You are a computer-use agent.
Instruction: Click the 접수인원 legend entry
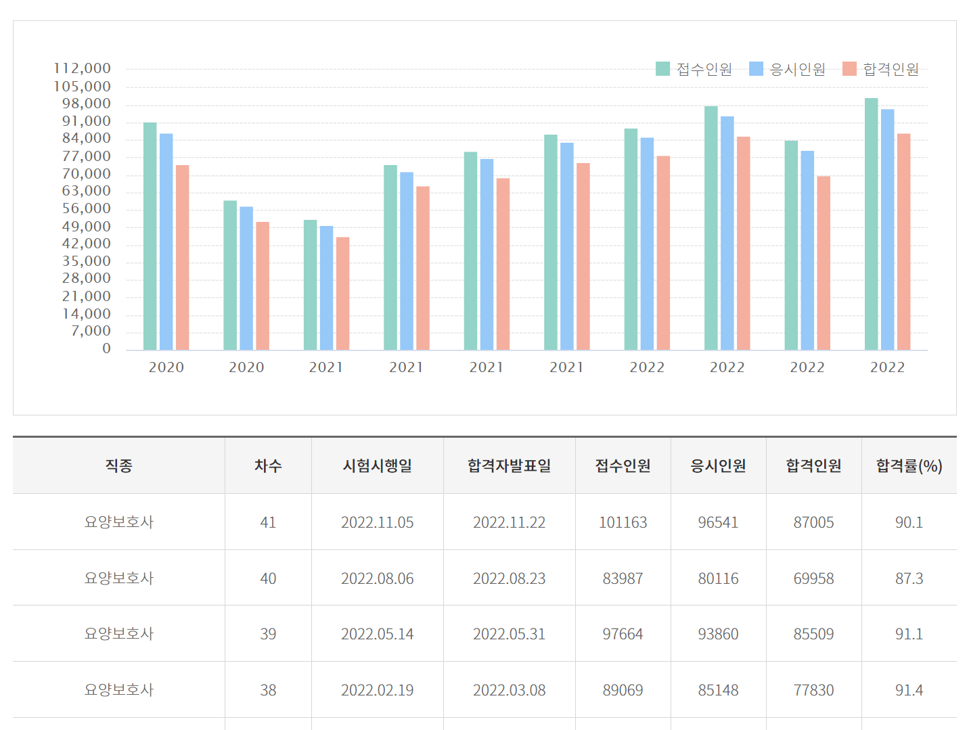tap(694, 69)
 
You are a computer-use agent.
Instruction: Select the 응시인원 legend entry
tap(787, 69)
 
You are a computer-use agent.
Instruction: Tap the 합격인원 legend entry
tap(880, 69)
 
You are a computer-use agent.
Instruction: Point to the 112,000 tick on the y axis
tap(83, 68)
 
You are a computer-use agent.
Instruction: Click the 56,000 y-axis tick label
tap(87, 208)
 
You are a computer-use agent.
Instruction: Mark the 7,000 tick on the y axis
tap(91, 331)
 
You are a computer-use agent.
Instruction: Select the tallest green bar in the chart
tap(871, 223)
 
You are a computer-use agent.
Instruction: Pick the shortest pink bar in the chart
tap(342, 293)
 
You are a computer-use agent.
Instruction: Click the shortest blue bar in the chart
tap(326, 288)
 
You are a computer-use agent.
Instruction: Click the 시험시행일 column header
tap(377, 465)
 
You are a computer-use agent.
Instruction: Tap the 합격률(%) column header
tap(909, 465)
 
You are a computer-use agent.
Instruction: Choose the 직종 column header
tap(118, 465)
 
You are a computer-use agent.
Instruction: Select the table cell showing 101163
tap(623, 522)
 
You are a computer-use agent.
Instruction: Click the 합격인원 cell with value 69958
tap(813, 578)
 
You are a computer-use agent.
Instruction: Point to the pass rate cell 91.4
tap(909, 690)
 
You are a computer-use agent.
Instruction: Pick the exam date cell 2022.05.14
tap(377, 634)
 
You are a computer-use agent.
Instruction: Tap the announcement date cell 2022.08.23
tap(509, 578)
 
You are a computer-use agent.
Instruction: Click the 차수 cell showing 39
tap(268, 634)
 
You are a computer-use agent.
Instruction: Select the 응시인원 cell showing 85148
tap(718, 690)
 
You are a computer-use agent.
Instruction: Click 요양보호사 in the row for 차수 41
tap(118, 522)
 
